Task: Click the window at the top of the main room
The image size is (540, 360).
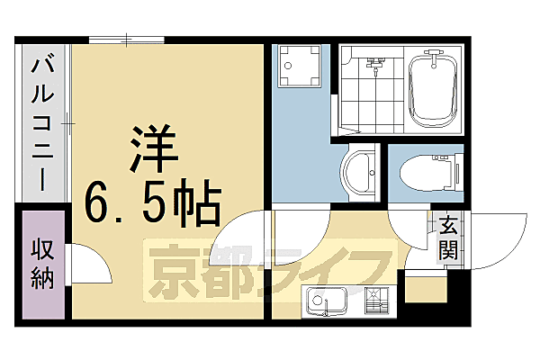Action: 126,39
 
